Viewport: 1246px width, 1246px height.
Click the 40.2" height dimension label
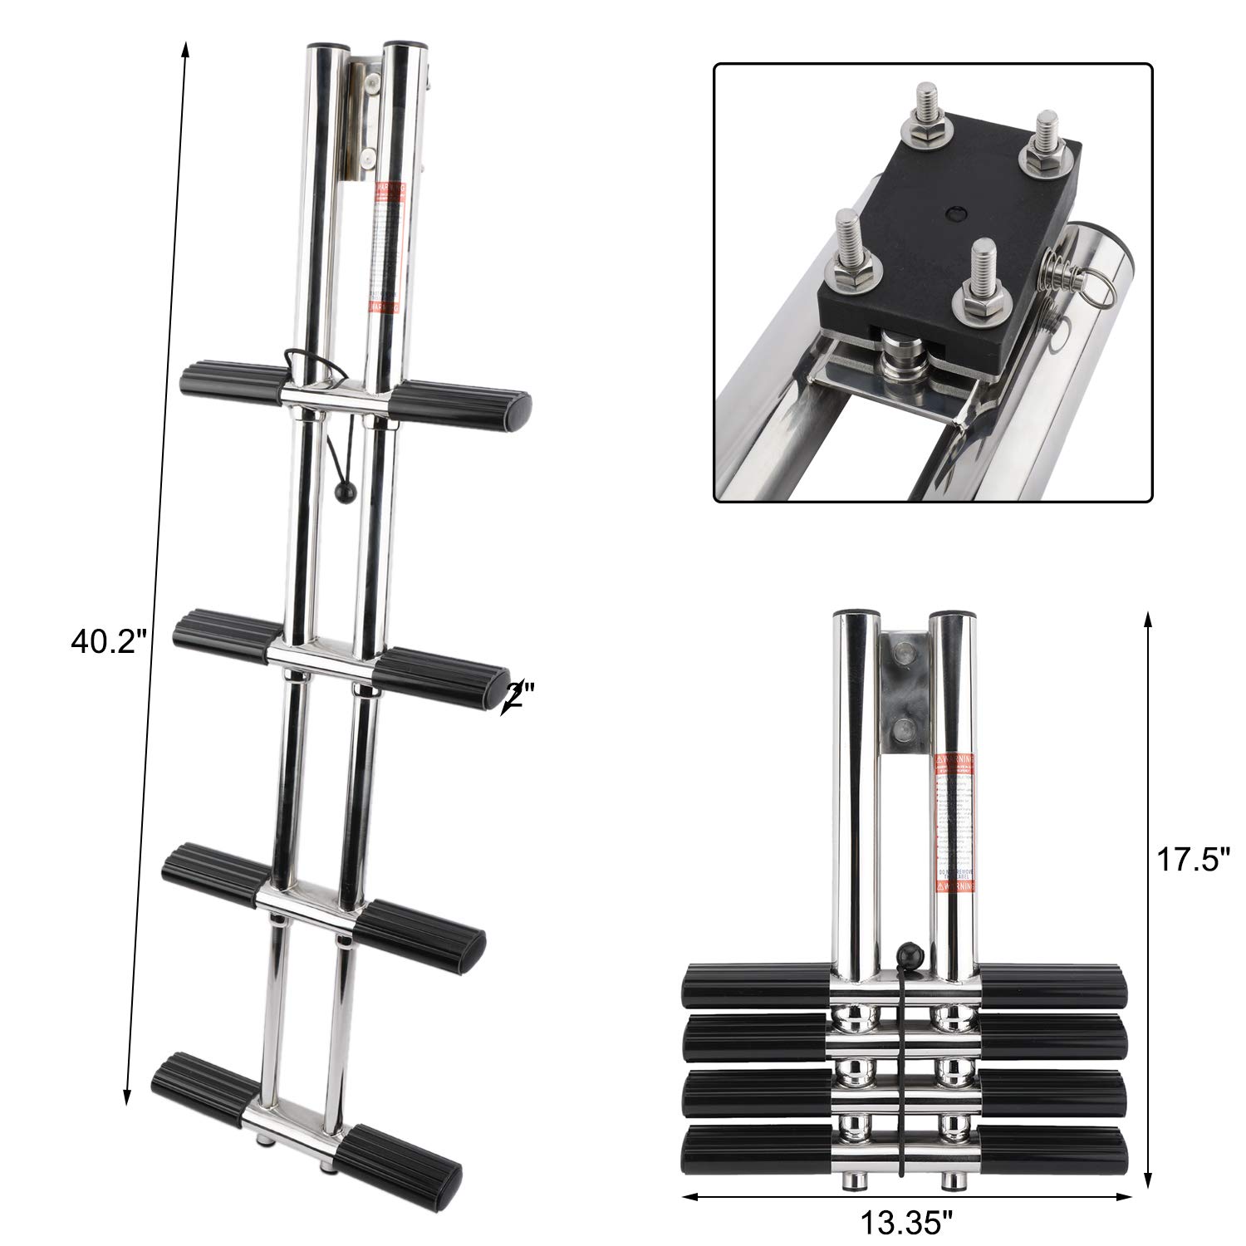109,641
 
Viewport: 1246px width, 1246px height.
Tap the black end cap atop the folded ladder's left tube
853,616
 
